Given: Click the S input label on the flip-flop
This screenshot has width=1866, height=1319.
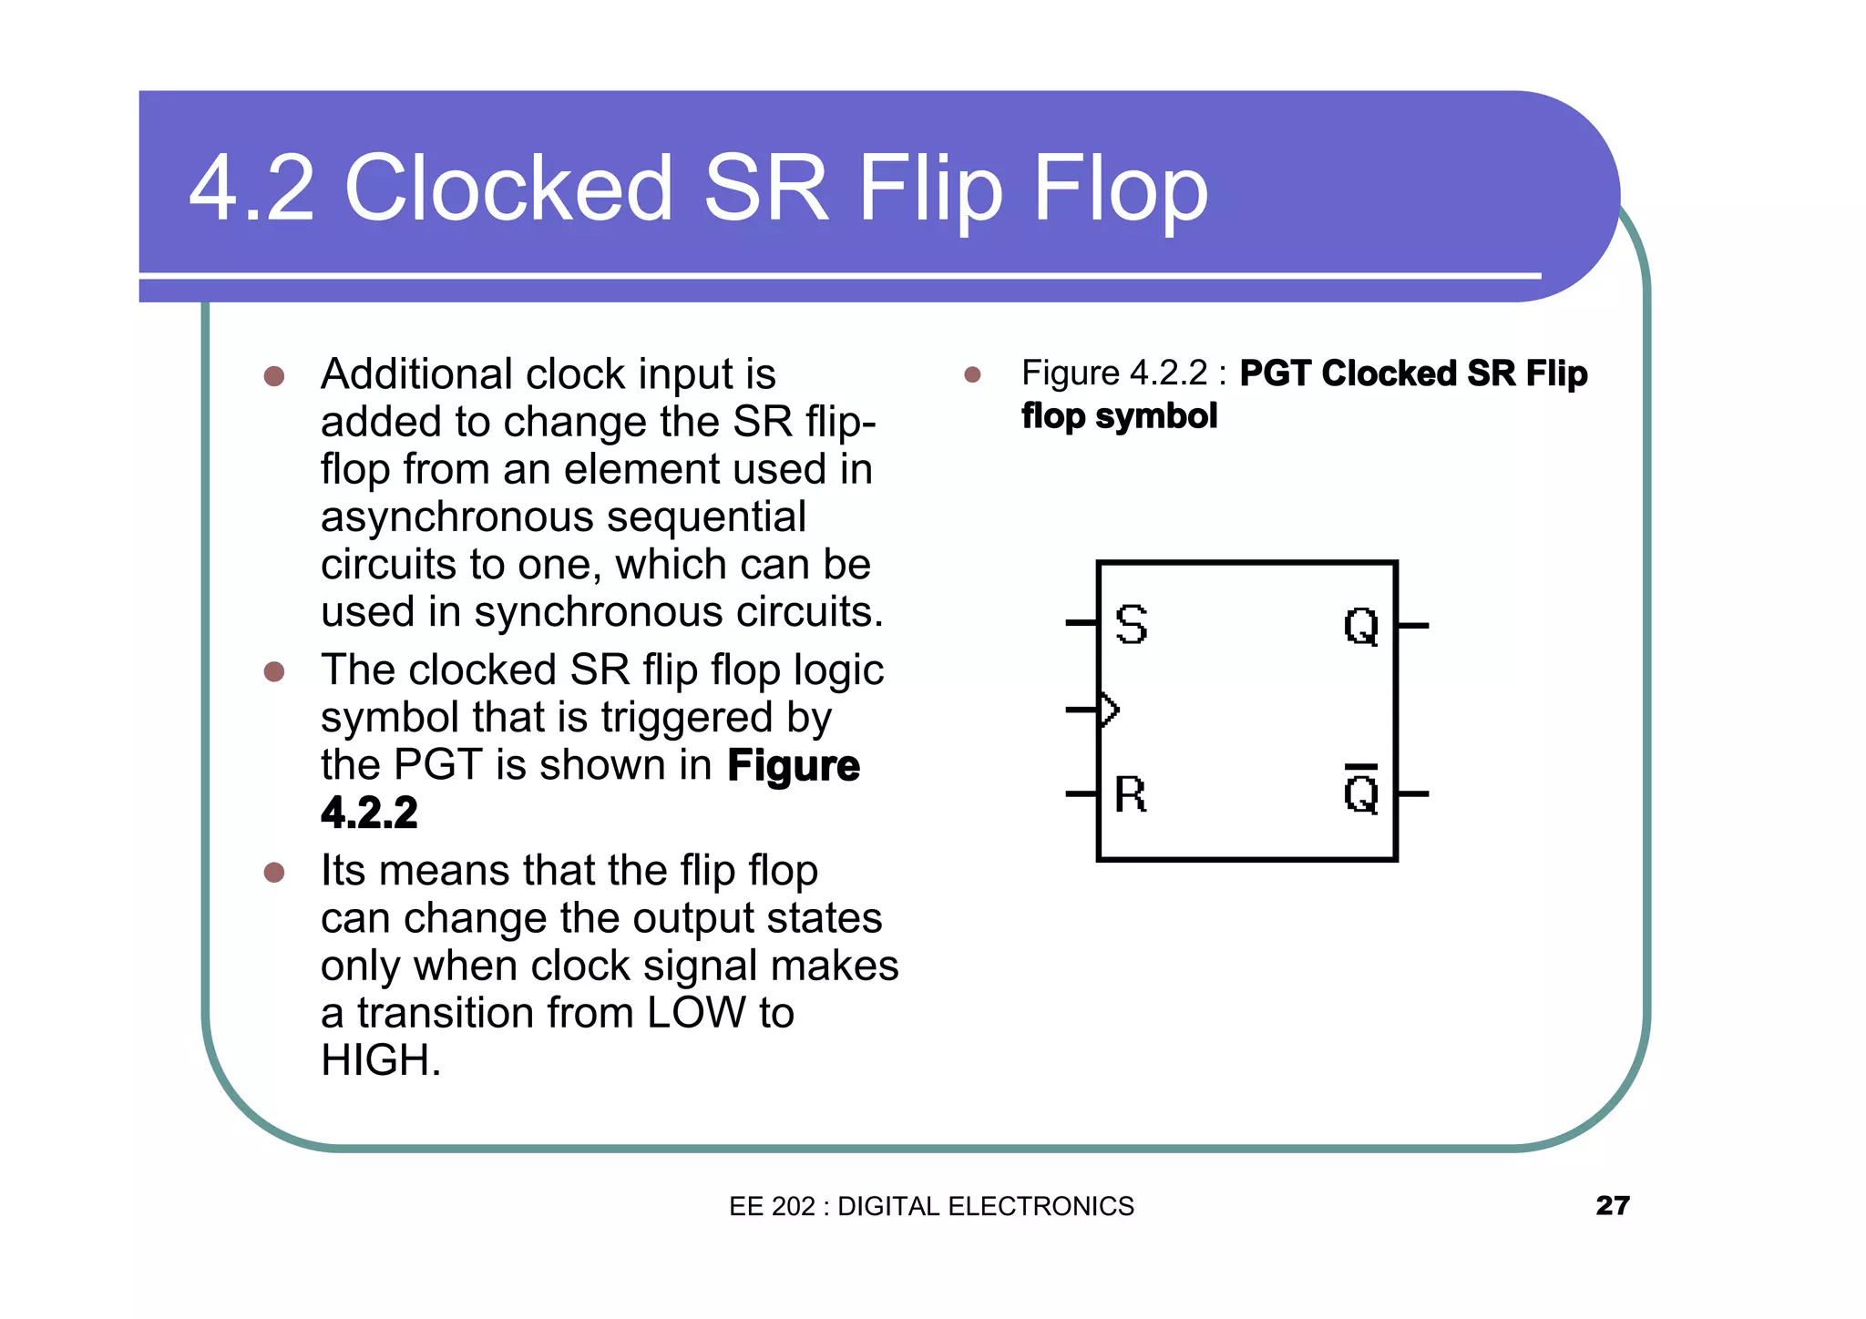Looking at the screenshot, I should click(1131, 625).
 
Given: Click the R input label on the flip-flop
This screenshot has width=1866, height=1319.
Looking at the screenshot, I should click(1131, 794).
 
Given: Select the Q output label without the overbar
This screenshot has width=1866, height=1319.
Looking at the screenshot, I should click(1361, 627).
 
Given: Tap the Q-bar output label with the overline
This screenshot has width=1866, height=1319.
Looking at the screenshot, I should click(1361, 792).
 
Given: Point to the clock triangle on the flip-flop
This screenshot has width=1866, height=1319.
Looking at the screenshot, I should click(1109, 710).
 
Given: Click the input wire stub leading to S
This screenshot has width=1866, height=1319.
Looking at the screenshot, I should click(1082, 624).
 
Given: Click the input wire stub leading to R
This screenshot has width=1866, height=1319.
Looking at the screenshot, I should click(1082, 794).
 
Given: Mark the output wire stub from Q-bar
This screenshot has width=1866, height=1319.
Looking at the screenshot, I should click(1413, 794).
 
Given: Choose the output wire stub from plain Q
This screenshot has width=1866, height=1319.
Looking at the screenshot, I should click(1413, 626).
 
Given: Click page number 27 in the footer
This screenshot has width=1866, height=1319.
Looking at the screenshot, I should click(1612, 1205).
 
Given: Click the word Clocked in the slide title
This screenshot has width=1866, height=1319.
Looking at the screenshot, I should click(508, 189).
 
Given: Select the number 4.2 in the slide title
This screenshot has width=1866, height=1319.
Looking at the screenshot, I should click(251, 189).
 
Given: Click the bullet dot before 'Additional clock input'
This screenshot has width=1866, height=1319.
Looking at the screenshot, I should click(273, 376).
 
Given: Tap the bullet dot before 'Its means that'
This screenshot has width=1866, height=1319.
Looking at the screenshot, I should click(273, 873).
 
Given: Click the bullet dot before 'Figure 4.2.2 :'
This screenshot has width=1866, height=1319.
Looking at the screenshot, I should click(972, 374).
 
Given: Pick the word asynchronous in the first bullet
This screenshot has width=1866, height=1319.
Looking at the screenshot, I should click(456, 517).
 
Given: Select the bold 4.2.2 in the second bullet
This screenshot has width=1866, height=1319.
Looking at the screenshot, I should click(369, 813).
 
